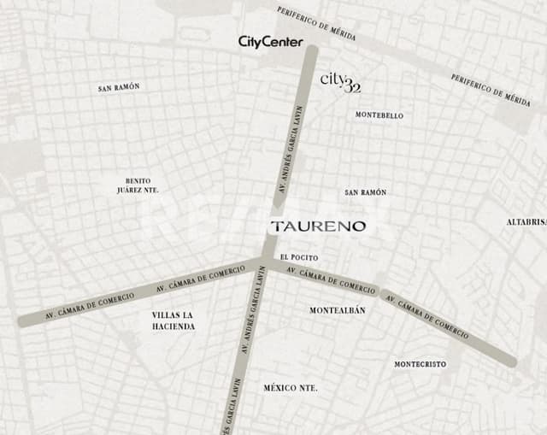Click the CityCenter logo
tap(270, 41)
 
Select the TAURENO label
tap(318, 226)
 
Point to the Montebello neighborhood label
tap(379, 115)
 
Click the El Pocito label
tap(299, 257)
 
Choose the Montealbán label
tap(337, 310)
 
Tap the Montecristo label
tap(420, 364)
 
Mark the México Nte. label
tap(290, 388)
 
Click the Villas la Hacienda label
tap(174, 320)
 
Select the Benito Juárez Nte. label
tap(138, 185)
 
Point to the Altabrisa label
tap(526, 222)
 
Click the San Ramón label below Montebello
tap(365, 193)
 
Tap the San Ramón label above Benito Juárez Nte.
tap(119, 87)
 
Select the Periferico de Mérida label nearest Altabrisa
tap(490, 90)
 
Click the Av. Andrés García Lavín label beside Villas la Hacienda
tap(251, 320)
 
